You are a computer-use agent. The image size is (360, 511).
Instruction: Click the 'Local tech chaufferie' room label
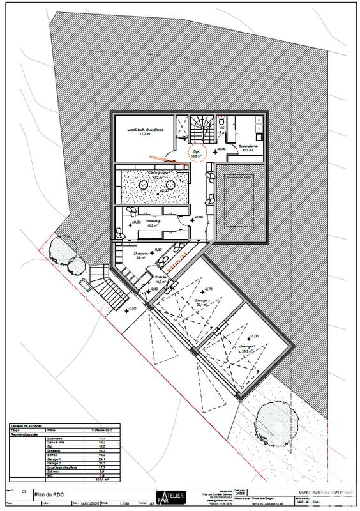(146, 130)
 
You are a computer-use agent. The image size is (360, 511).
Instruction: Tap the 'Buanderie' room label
(248, 146)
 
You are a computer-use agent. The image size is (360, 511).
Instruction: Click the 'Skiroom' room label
(141, 254)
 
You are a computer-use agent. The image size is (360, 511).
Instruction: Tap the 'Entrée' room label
(160, 277)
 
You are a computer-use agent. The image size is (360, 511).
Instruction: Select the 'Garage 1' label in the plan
(203, 300)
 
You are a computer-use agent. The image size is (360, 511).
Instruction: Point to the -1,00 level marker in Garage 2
(254, 336)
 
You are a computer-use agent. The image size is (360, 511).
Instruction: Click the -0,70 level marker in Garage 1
(208, 289)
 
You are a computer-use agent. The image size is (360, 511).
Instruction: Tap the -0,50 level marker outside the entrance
(132, 309)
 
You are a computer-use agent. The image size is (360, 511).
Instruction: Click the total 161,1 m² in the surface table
(99, 479)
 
